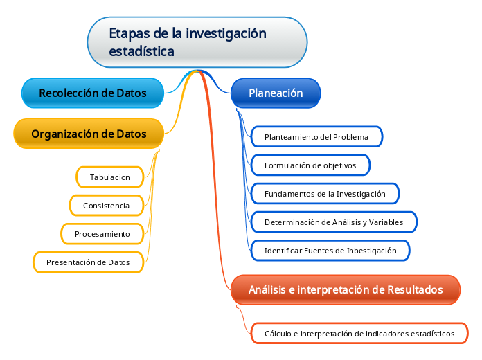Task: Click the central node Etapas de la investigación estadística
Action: click(197, 42)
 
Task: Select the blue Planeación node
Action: click(276, 93)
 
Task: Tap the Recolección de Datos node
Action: click(93, 93)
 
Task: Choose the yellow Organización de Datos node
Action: click(89, 134)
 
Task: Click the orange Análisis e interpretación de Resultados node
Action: click(346, 289)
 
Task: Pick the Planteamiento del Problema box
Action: click(316, 137)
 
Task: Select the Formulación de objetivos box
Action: click(310, 165)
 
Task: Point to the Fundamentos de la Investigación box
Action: click(325, 194)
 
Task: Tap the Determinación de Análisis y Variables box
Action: click(334, 222)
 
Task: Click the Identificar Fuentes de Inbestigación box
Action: click(330, 251)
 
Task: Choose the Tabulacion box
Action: click(109, 177)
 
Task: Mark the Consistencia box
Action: click(107, 206)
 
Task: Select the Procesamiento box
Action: click(102, 234)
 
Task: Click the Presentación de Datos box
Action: click(88, 262)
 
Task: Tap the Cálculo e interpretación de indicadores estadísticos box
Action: click(359, 334)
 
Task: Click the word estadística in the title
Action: click(142, 51)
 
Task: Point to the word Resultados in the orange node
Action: click(415, 289)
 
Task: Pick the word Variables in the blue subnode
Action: click(386, 222)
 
